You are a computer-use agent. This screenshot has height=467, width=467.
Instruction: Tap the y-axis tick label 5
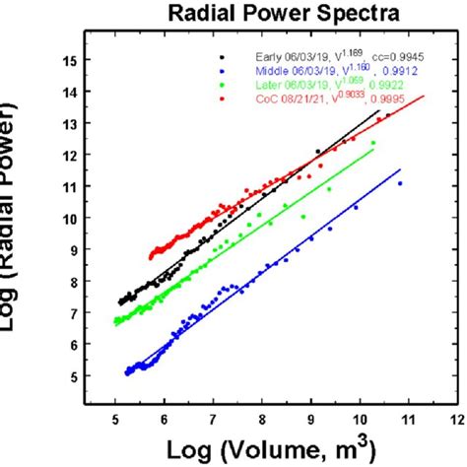(71, 375)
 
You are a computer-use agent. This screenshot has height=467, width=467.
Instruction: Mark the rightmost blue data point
(400, 183)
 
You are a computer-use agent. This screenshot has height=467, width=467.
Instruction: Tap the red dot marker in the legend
(225, 99)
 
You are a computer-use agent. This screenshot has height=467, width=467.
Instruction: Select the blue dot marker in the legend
(225, 72)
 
